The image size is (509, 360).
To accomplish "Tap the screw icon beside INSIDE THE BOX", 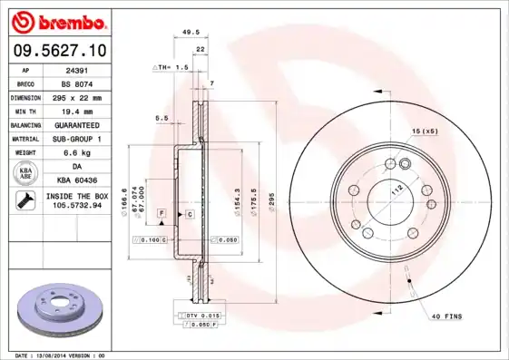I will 23,201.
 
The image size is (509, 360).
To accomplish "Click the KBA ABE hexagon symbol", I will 26,173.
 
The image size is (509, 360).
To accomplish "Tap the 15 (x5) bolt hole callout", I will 425,132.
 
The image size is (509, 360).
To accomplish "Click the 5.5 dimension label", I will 162,118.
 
